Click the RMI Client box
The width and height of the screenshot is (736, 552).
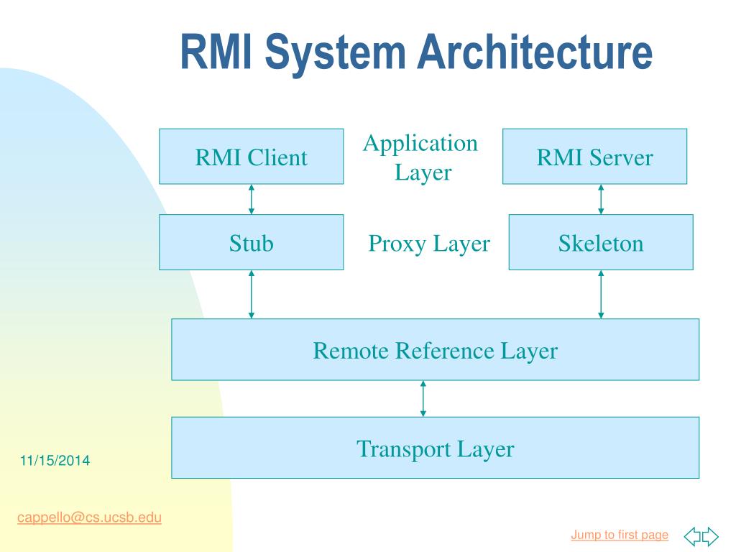[x=251, y=156]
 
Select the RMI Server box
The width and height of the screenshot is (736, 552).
[x=594, y=156]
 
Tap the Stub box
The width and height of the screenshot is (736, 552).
[x=251, y=242]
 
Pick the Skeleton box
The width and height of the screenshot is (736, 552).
[x=601, y=242]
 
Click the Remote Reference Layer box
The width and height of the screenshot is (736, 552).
[x=435, y=350]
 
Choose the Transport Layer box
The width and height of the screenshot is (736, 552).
[x=435, y=448]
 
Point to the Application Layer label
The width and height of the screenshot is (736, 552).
[x=421, y=157]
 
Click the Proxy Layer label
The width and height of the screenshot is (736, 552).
[x=429, y=244]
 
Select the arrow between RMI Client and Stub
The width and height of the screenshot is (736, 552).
[x=251, y=200]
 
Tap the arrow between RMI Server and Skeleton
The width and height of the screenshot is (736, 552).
[x=601, y=200]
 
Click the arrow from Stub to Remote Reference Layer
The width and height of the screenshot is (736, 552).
[x=251, y=294]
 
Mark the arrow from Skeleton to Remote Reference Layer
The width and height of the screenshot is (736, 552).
[x=601, y=294]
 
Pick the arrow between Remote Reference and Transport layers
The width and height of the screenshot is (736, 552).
[x=423, y=398]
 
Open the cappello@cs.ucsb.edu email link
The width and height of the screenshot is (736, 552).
[x=89, y=517]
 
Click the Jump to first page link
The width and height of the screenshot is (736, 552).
[x=620, y=535]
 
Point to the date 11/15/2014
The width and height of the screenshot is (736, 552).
[x=55, y=461]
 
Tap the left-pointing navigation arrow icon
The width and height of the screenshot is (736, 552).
[x=692, y=536]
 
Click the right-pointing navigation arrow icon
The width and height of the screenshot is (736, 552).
[x=710, y=536]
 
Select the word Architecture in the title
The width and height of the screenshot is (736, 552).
[x=535, y=52]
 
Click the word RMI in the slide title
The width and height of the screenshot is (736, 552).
[x=216, y=52]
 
